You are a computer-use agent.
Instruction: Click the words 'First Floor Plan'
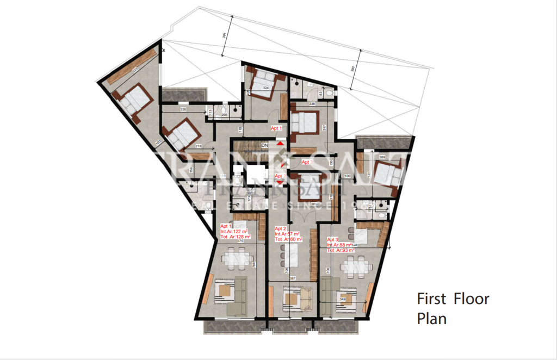pos(453,308)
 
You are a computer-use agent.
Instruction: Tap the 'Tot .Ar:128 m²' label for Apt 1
pos(236,237)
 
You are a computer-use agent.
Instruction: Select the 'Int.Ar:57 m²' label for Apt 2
pos(288,234)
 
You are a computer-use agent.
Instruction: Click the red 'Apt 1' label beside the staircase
pos(277,128)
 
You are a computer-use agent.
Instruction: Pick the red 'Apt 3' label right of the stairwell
pos(308,162)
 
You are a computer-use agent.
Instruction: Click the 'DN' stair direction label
pos(265,146)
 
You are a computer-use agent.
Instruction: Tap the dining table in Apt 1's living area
pos(238,258)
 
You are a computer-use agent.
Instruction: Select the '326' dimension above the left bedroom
pos(183,110)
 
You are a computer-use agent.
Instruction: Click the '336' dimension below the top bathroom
pos(312,104)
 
